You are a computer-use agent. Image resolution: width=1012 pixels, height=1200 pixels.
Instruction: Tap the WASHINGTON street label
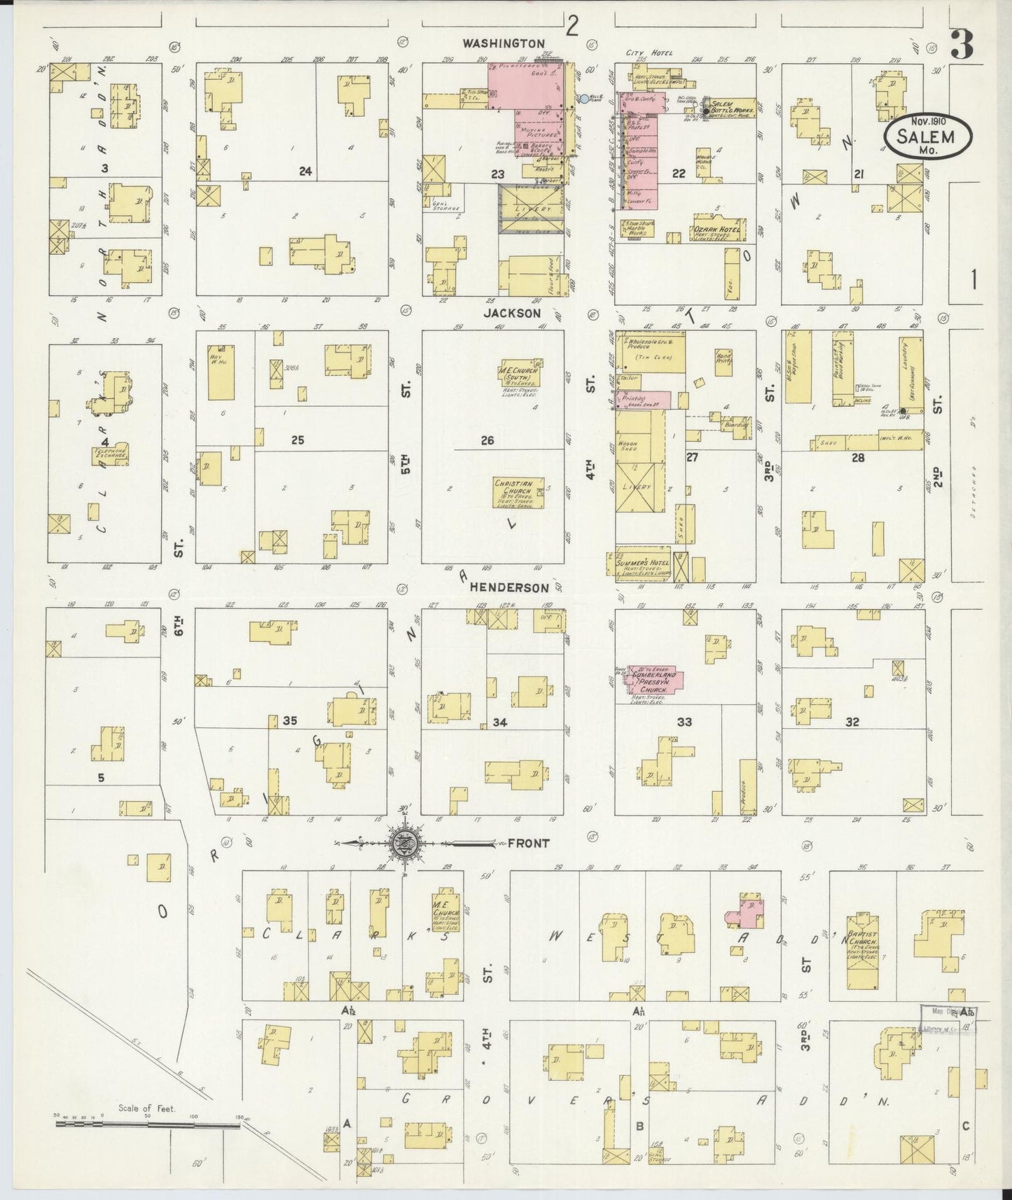[x=503, y=43]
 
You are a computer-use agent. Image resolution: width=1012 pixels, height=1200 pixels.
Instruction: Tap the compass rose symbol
[x=405, y=843]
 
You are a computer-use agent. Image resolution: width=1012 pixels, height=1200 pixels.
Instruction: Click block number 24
[x=305, y=172]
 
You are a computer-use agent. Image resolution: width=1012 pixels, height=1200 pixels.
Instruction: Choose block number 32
[x=852, y=723]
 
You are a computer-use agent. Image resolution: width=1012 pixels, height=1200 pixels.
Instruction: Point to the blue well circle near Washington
[x=584, y=99]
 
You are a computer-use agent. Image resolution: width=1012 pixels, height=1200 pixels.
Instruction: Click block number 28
[x=858, y=458]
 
